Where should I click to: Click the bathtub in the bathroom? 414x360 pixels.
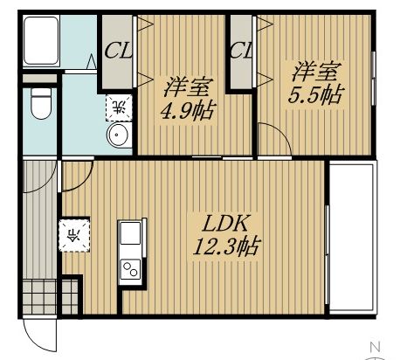point(41,40)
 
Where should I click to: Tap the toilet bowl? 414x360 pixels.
point(41,103)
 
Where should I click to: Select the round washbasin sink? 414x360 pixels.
point(118,135)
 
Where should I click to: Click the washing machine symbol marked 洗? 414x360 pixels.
point(119,107)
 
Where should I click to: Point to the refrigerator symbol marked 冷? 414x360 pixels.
point(74,235)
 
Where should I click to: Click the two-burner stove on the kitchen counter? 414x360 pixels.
point(130,268)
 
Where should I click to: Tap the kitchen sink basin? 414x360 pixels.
point(130,232)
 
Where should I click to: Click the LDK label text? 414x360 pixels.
point(225,224)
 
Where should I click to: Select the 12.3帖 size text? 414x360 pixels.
point(226,246)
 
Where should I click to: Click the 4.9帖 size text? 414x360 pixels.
point(188,110)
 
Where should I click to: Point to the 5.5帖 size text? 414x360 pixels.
point(314,93)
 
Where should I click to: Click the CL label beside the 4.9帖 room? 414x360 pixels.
point(118,51)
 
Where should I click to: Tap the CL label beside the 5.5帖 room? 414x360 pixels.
point(241,51)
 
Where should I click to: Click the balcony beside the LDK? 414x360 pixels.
point(353,238)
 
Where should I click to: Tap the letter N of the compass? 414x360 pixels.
point(376,347)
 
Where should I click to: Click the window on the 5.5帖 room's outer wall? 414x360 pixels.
point(373,78)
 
